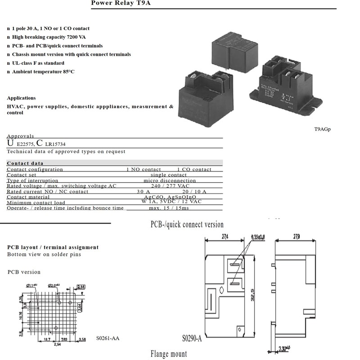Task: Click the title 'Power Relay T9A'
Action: (115, 3)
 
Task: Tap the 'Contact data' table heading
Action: (25, 163)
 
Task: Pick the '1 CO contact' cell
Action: (194, 169)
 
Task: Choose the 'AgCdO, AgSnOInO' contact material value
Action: (170, 197)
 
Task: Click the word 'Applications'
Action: (21, 98)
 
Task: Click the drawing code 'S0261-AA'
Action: (108, 338)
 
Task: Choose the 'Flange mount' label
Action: (169, 354)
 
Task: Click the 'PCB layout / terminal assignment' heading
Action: (53, 247)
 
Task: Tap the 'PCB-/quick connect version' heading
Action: (187, 224)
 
